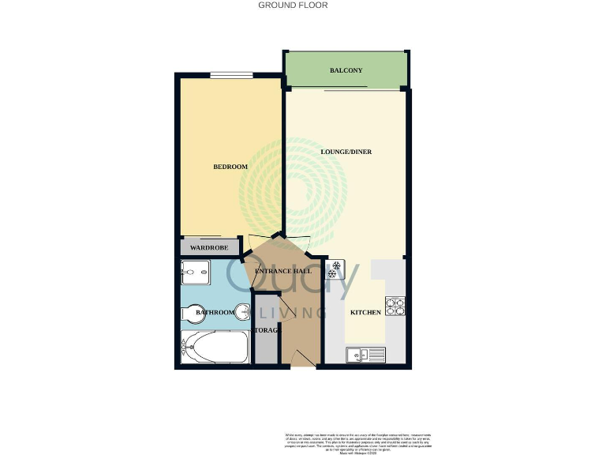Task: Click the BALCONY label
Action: point(346,70)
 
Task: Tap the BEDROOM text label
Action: point(230,167)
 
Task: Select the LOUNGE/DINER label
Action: point(346,152)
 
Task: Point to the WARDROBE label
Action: point(209,248)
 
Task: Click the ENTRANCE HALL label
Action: point(282,272)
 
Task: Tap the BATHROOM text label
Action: point(215,313)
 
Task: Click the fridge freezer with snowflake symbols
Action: point(335,270)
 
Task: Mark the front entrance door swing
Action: point(302,359)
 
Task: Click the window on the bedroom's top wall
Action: point(231,76)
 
